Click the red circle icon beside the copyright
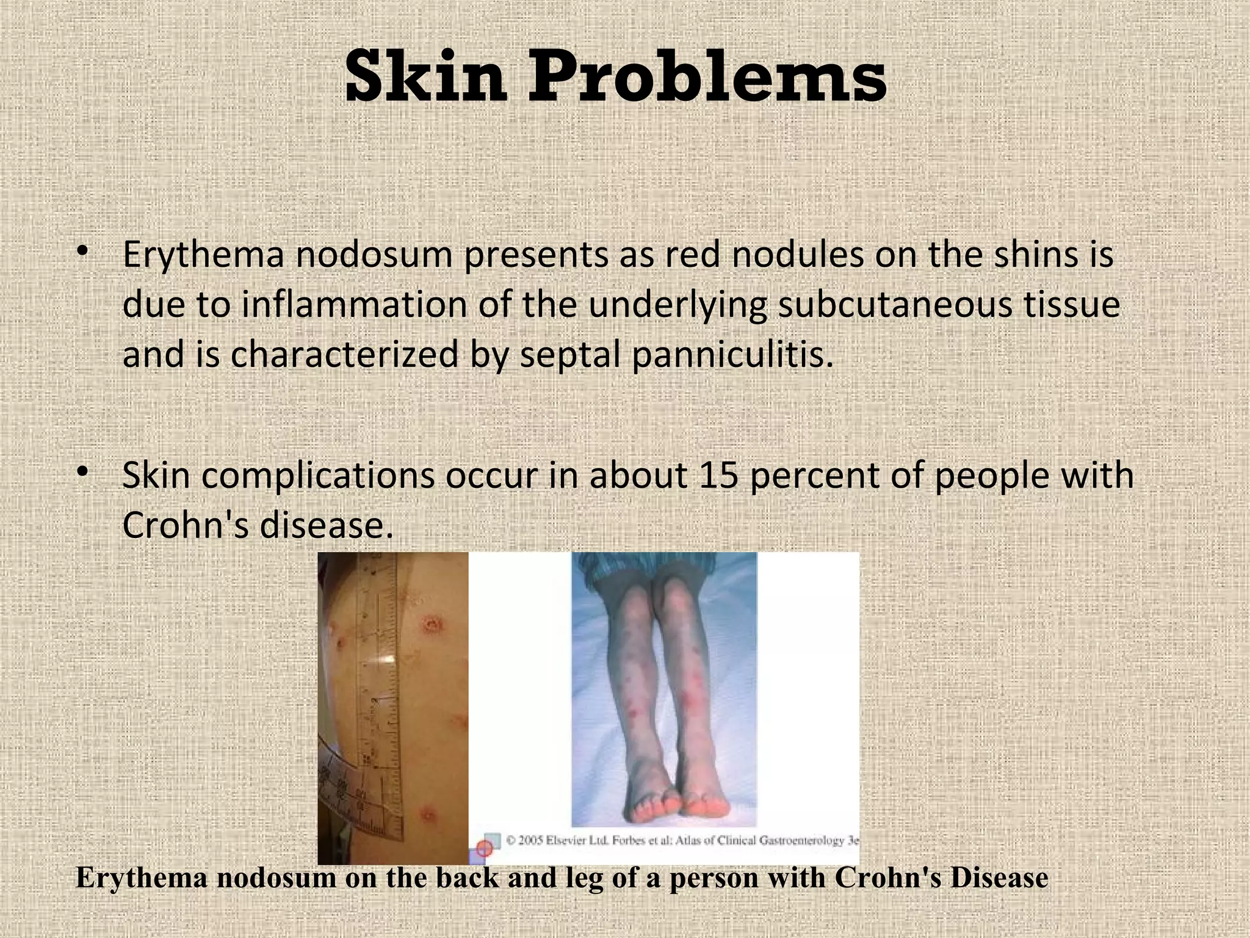pyautogui.click(x=484, y=848)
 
